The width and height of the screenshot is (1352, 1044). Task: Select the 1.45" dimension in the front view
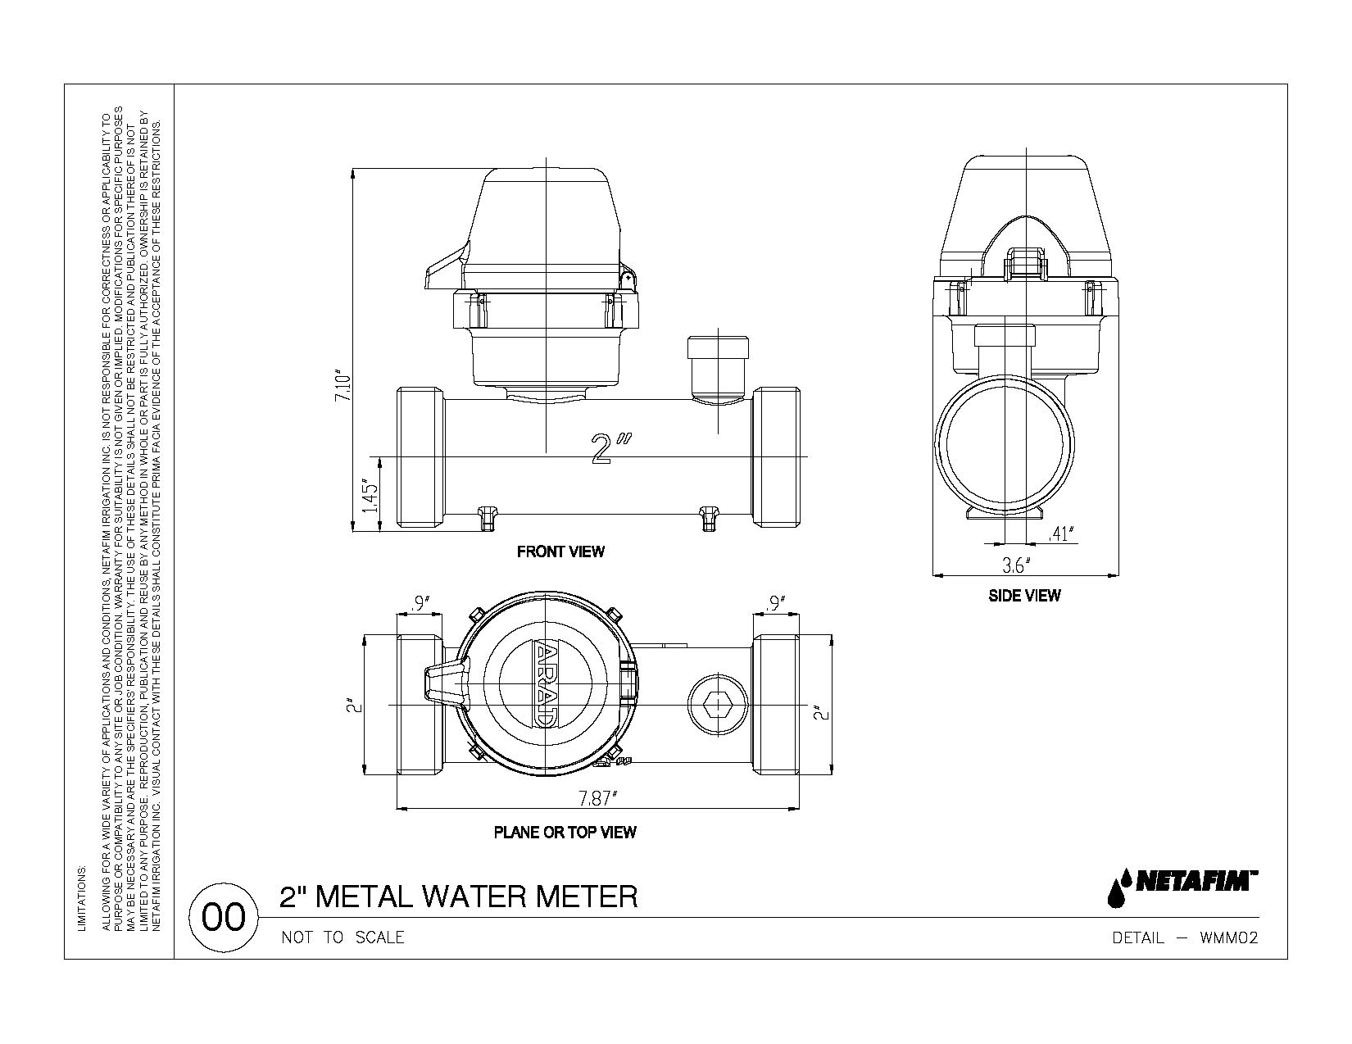(x=370, y=496)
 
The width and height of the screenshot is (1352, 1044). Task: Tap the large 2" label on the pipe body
(x=610, y=450)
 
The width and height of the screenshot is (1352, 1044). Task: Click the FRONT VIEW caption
(x=560, y=552)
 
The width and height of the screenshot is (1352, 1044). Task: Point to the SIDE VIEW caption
(x=1023, y=596)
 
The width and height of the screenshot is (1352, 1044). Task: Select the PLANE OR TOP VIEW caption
(x=565, y=833)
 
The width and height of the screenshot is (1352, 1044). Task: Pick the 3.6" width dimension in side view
(x=1016, y=565)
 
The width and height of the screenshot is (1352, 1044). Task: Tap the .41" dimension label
(x=1061, y=534)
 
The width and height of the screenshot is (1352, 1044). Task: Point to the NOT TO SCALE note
(x=343, y=937)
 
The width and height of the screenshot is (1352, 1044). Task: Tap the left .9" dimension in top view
(x=420, y=604)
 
